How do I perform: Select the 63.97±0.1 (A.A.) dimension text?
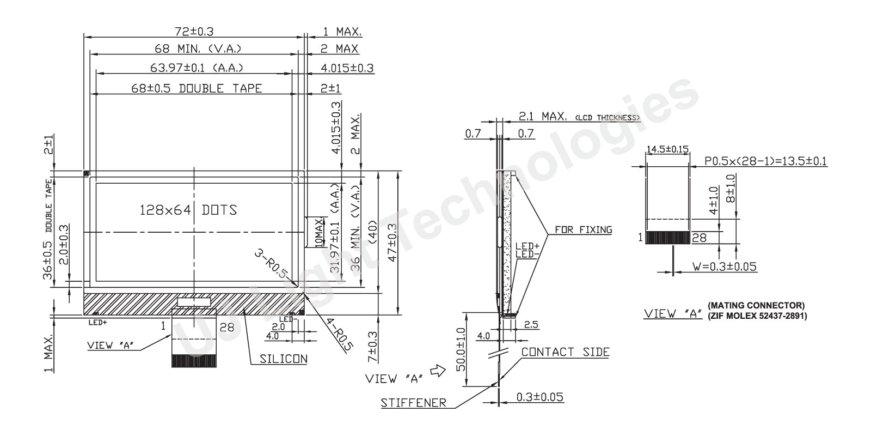click(196, 68)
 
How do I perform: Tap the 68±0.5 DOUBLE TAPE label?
click(197, 88)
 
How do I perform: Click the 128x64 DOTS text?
click(188, 209)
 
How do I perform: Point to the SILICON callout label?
click(283, 359)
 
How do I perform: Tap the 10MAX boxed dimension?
click(318, 233)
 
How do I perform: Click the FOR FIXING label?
click(583, 229)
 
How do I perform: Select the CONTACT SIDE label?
click(565, 352)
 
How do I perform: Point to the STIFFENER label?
click(413, 403)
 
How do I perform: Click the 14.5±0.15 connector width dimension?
click(667, 149)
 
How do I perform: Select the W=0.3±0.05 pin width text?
click(724, 267)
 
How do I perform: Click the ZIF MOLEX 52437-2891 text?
click(757, 316)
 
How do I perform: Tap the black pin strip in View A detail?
click(667, 238)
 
